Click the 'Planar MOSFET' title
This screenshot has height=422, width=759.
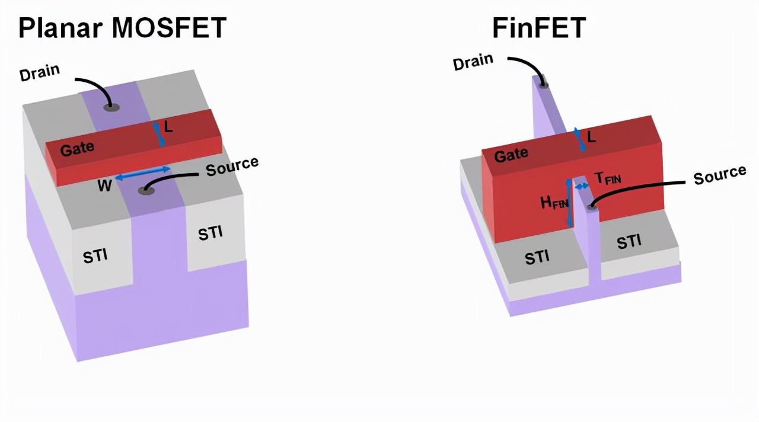point(122,27)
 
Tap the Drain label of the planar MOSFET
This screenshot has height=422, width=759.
point(40,74)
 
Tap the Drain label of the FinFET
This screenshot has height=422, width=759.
point(473,62)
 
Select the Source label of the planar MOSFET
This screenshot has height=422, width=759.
point(232,167)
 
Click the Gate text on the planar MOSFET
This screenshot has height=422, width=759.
point(77,148)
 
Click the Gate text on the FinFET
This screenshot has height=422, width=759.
point(511,155)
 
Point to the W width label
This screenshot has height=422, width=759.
point(104,186)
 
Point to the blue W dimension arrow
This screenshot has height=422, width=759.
point(142,173)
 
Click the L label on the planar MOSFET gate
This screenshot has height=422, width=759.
point(168,127)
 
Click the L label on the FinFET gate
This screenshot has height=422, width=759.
point(592,137)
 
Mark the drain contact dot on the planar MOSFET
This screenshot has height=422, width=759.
point(111,107)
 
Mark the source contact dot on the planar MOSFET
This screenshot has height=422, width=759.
point(145,190)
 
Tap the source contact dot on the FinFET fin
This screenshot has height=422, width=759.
point(591,206)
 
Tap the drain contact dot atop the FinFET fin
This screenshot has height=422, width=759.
point(543,85)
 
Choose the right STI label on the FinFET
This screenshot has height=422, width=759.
point(629,241)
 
